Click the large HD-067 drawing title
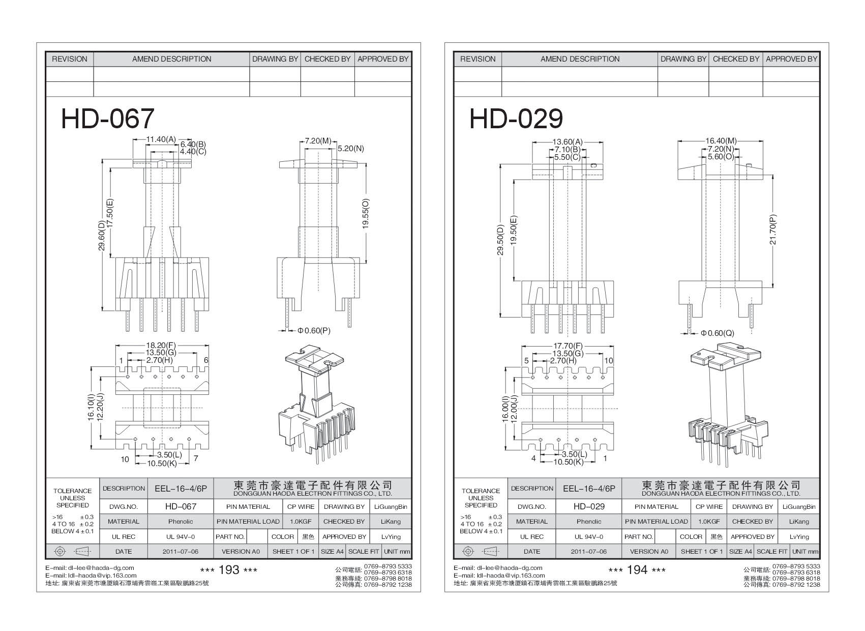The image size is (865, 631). [x=107, y=119]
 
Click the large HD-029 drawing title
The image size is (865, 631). [x=516, y=119]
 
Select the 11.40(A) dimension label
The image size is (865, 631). [x=161, y=139]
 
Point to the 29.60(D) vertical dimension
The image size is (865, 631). [x=102, y=236]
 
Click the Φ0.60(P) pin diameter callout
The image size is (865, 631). [x=314, y=331]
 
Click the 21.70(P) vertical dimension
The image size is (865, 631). [x=773, y=229]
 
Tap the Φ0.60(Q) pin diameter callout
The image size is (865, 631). [x=718, y=333]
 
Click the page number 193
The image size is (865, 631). [x=228, y=570]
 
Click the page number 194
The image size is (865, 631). [x=637, y=570]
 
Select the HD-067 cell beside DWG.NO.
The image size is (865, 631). [x=181, y=507]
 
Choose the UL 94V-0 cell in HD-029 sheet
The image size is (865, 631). [x=589, y=537]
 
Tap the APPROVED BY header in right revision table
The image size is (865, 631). [x=791, y=59]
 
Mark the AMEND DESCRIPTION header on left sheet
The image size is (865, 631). [x=172, y=59]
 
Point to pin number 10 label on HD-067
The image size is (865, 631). [x=125, y=460]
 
